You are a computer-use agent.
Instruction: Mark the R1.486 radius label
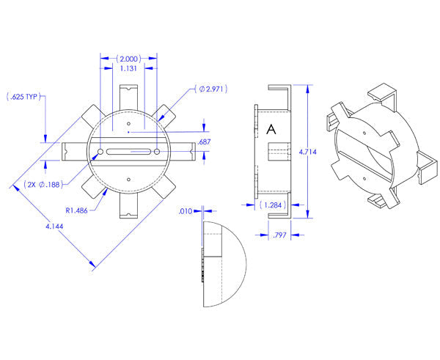[x=77, y=210]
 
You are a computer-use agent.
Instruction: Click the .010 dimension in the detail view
[x=186, y=211]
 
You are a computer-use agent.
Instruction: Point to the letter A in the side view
[x=271, y=129]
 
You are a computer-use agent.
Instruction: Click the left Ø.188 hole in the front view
[x=98, y=152]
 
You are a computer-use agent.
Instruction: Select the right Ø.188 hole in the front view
[x=158, y=151]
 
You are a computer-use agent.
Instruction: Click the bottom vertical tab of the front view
[x=128, y=205]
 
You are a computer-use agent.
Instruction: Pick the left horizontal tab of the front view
[x=73, y=151]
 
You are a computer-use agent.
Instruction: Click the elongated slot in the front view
[x=128, y=152]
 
